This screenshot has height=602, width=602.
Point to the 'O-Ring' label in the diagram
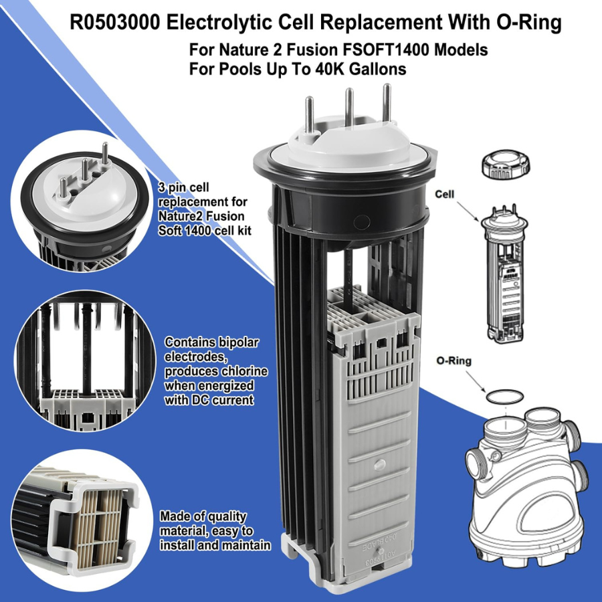454,361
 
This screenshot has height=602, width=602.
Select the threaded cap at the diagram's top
506,165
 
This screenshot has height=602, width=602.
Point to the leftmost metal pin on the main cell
309,112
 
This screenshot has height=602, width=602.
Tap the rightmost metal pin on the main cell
386,100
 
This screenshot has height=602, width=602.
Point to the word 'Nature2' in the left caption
181,216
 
